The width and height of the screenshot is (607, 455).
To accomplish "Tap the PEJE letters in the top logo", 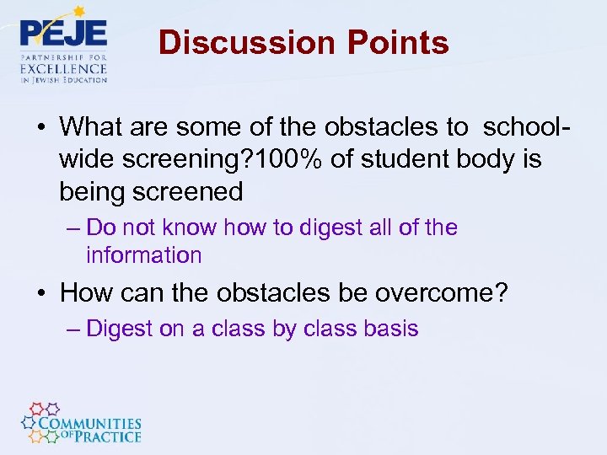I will point(63,33).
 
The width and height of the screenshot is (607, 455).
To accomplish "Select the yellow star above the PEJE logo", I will point(80,12).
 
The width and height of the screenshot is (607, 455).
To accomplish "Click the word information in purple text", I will point(143,255).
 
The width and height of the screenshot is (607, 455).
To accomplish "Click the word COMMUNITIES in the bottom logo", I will point(93,424).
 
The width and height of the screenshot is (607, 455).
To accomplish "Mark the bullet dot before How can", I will point(42,293).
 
